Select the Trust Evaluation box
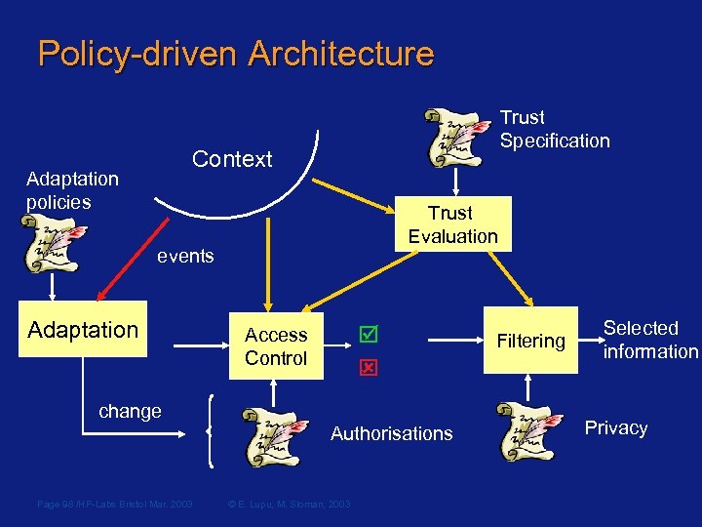point(452,224)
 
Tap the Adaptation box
point(83,330)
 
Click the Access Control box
point(276,346)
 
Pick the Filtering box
point(530,341)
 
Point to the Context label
point(232,159)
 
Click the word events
point(185,256)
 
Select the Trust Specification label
point(555,129)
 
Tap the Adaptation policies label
point(72,190)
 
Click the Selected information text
point(650,340)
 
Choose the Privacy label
point(616,427)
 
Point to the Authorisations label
point(392,433)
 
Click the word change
point(130,411)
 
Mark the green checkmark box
point(368,335)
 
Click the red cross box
point(368,368)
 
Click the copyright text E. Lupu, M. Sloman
point(289,504)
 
